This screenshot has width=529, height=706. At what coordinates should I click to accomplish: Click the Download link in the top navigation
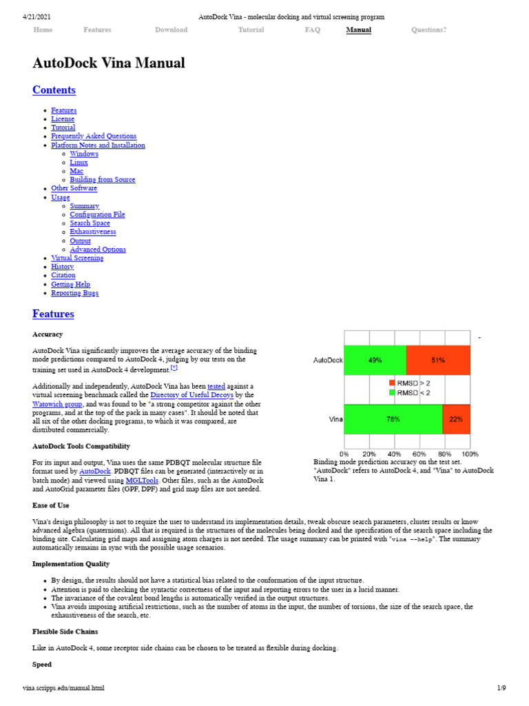click(x=171, y=30)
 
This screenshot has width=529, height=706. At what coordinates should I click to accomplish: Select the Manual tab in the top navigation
click(x=358, y=30)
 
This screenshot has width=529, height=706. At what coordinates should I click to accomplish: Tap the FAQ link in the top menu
click(x=312, y=30)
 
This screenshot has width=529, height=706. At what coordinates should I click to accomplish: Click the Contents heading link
click(x=54, y=90)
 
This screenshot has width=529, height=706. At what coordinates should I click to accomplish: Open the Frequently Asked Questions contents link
click(x=94, y=137)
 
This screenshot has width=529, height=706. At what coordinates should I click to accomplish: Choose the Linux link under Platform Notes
click(x=79, y=163)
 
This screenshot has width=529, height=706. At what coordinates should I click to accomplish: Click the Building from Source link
click(x=102, y=180)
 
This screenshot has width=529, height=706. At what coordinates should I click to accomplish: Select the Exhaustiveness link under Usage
click(x=92, y=232)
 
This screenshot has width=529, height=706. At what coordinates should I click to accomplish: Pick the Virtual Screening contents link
click(x=77, y=258)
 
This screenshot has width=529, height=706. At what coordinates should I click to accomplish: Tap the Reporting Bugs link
click(x=74, y=293)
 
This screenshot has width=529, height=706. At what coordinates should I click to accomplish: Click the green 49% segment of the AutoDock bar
click(x=375, y=360)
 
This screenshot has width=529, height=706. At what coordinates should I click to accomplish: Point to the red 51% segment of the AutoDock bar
click(x=438, y=360)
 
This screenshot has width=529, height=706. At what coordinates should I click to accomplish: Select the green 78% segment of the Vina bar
click(x=393, y=419)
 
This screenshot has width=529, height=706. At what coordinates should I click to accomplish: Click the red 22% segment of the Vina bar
click(x=456, y=419)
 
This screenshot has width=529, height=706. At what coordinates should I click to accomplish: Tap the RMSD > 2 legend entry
click(x=416, y=383)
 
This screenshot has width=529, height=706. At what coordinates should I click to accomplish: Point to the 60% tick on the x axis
click(x=419, y=454)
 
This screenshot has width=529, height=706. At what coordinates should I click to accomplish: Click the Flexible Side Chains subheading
click(x=65, y=632)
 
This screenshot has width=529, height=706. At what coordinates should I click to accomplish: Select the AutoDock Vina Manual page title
click(x=109, y=63)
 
